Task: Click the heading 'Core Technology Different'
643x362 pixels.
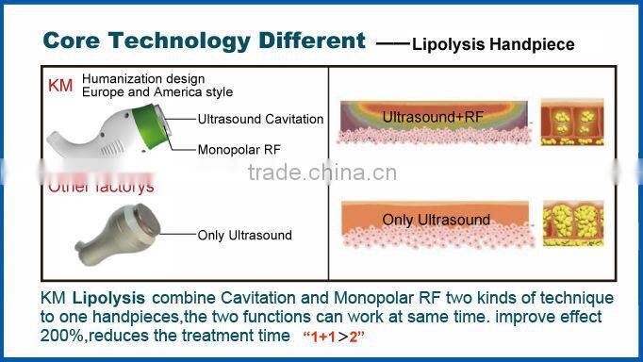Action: (x=204, y=41)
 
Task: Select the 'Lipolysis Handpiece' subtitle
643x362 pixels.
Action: (x=493, y=44)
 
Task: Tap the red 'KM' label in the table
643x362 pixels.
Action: (x=59, y=86)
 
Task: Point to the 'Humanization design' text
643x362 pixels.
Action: (x=143, y=79)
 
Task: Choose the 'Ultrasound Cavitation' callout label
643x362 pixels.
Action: (x=260, y=120)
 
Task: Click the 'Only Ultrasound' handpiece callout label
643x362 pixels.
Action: (x=244, y=235)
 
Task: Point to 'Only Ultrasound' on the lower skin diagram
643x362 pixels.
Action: (x=436, y=220)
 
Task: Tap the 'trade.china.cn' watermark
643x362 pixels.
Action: (x=321, y=173)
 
